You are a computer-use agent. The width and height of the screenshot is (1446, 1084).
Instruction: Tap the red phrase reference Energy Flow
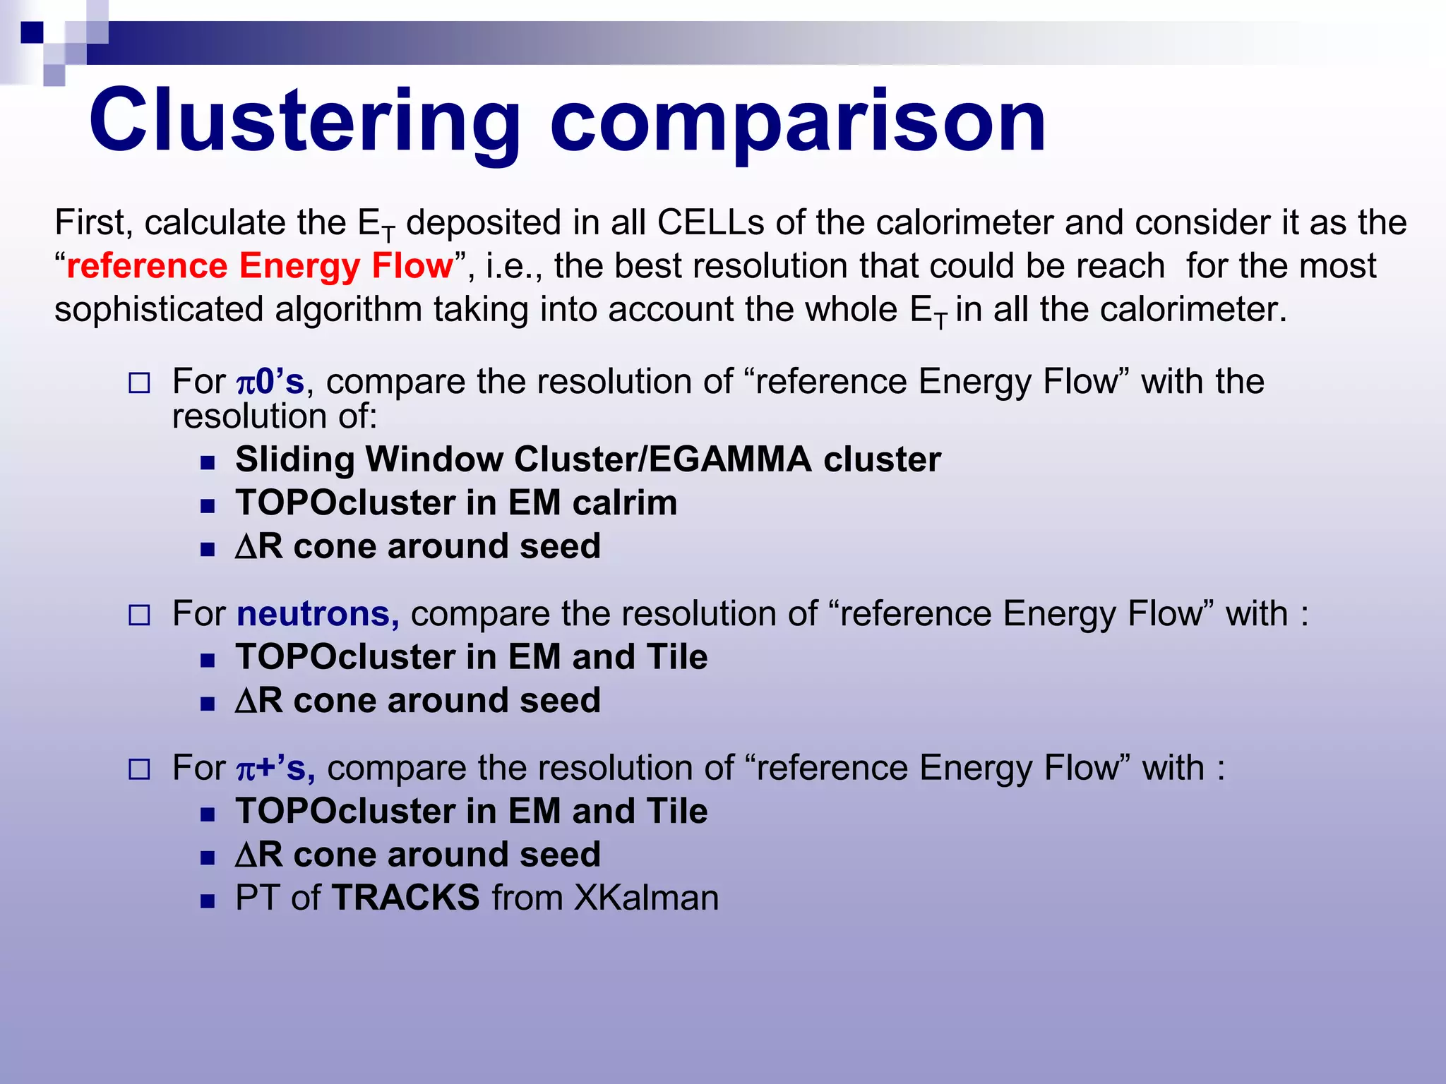pyautogui.click(x=260, y=267)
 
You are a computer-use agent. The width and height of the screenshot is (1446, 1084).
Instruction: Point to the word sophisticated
pyautogui.click(x=159, y=311)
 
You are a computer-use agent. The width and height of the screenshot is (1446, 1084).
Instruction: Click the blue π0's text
pyautogui.click(x=270, y=382)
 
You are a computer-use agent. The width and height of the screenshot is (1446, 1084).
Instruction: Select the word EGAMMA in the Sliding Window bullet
pyautogui.click(x=730, y=459)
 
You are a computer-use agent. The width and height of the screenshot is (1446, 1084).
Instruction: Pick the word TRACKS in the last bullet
pyautogui.click(x=406, y=898)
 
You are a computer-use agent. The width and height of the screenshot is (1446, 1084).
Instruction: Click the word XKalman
pyautogui.click(x=646, y=898)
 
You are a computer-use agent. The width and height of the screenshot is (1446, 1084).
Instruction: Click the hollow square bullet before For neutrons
pyautogui.click(x=139, y=615)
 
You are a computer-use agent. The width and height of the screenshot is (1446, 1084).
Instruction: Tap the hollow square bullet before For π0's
pyautogui.click(x=139, y=384)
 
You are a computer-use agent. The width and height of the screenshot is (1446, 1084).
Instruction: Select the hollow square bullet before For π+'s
pyautogui.click(x=139, y=769)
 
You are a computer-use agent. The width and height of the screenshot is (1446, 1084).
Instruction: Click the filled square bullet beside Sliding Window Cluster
pyautogui.click(x=207, y=463)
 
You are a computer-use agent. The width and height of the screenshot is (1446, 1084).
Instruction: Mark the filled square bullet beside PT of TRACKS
pyautogui.click(x=207, y=901)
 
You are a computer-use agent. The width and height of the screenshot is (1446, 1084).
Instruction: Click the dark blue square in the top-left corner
pyautogui.click(x=32, y=32)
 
